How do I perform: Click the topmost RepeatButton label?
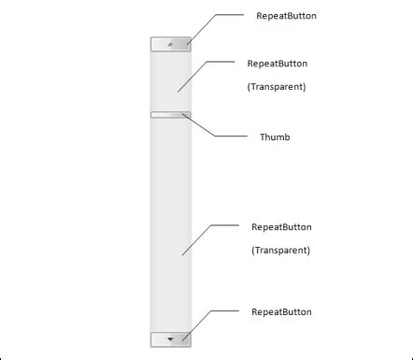[x=285, y=16]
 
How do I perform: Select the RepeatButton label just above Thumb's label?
[x=278, y=64]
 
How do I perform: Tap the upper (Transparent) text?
[x=277, y=86]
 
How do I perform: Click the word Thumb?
[x=275, y=137]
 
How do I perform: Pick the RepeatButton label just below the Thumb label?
[x=281, y=226]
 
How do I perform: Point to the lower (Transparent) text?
[x=280, y=250]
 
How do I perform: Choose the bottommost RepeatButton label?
[x=281, y=311]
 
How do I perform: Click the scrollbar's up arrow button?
[x=170, y=43]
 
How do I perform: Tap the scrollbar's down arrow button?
[x=170, y=338]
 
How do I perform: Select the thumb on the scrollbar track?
[x=170, y=115]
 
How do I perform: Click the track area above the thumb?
[x=170, y=79]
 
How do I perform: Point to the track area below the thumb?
[x=170, y=224]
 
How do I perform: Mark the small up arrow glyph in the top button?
[x=170, y=43]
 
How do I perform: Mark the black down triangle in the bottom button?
[x=170, y=338]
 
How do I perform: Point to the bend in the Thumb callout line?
[x=214, y=137]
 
